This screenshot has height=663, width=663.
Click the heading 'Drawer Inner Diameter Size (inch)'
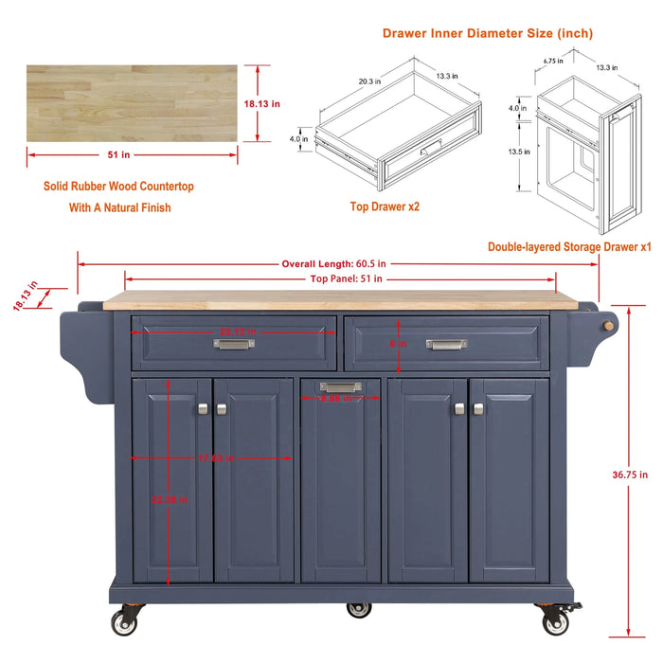click(488, 33)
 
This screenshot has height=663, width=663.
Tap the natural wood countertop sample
click(132, 103)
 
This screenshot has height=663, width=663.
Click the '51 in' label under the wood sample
click(132, 155)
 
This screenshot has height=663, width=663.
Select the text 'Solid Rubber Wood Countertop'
click(118, 187)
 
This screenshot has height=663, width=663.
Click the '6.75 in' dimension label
click(554, 59)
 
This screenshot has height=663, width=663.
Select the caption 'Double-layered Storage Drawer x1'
click(569, 246)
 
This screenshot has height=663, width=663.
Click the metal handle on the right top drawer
click(447, 344)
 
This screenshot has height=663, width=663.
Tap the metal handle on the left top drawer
click(234, 344)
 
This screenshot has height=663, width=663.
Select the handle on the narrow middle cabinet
click(340, 386)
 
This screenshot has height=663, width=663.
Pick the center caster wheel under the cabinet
click(359, 609)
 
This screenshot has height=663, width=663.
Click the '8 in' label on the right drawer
click(400, 344)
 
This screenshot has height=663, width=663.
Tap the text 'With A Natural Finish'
click(120, 207)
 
